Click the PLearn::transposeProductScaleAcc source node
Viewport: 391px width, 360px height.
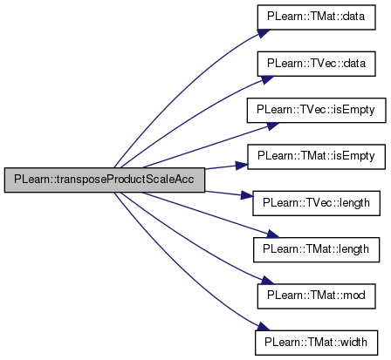(105, 180)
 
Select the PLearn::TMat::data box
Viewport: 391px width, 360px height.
(316, 17)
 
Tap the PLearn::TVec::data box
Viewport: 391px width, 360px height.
(316, 64)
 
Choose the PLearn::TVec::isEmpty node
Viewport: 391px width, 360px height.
(316, 110)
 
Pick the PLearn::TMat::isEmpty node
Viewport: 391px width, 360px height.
(316, 156)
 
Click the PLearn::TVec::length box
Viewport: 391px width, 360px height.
(316, 203)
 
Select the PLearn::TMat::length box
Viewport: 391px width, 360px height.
(316, 249)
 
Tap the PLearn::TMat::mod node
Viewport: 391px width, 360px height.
(316, 296)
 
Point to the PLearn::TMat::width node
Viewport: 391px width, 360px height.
(316, 343)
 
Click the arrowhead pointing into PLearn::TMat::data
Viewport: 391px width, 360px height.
(264, 33)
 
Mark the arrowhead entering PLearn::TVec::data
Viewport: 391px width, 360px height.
(266, 79)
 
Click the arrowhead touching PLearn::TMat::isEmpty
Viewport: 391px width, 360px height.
(242, 166)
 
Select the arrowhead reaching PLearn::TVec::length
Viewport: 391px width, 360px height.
(247, 196)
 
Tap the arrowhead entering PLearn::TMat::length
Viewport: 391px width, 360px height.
(272, 234)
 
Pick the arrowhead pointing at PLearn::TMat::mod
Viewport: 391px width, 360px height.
(266, 281)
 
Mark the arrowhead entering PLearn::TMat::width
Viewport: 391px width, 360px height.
(263, 326)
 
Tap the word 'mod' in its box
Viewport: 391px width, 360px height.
(354, 295)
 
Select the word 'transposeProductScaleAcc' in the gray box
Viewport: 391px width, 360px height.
(125, 180)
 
